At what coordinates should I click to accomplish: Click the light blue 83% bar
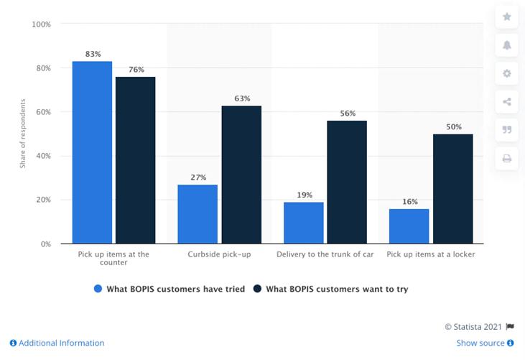coord(92,152)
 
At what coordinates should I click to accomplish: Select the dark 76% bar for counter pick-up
coord(135,160)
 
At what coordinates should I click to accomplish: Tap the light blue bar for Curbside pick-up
coord(198,214)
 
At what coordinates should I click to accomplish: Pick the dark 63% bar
coord(241,175)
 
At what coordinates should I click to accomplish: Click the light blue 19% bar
coord(303,223)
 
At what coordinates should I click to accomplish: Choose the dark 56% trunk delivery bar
coord(347,183)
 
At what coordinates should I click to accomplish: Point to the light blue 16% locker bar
coord(409,226)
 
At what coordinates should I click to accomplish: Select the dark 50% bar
coord(452,189)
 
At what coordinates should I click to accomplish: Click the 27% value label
coord(198,177)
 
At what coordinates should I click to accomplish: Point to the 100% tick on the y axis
coord(41,24)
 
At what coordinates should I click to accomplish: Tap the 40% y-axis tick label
coord(43,156)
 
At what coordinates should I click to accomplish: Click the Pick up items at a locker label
coord(431,254)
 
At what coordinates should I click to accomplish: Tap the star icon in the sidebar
coord(506,17)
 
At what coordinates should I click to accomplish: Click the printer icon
coord(506,158)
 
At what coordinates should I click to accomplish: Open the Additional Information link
coord(57,343)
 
